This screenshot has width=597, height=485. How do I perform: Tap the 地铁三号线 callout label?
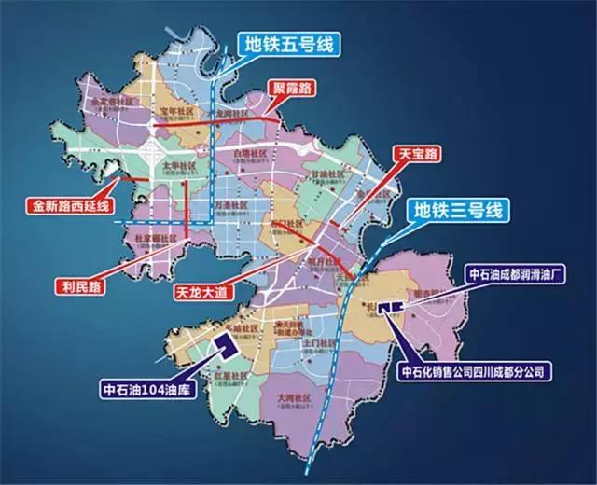[x=457, y=208]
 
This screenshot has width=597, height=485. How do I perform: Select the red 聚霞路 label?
[x=291, y=89]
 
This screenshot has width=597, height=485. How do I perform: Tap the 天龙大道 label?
[x=206, y=292]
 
